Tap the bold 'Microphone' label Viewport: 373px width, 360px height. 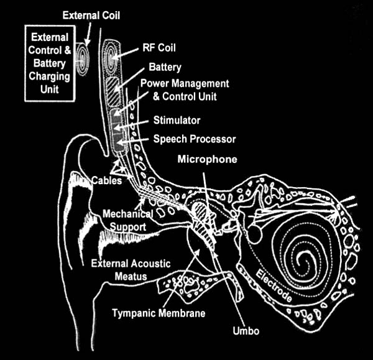tap(207, 159)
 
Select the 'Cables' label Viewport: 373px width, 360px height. tap(106, 180)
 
